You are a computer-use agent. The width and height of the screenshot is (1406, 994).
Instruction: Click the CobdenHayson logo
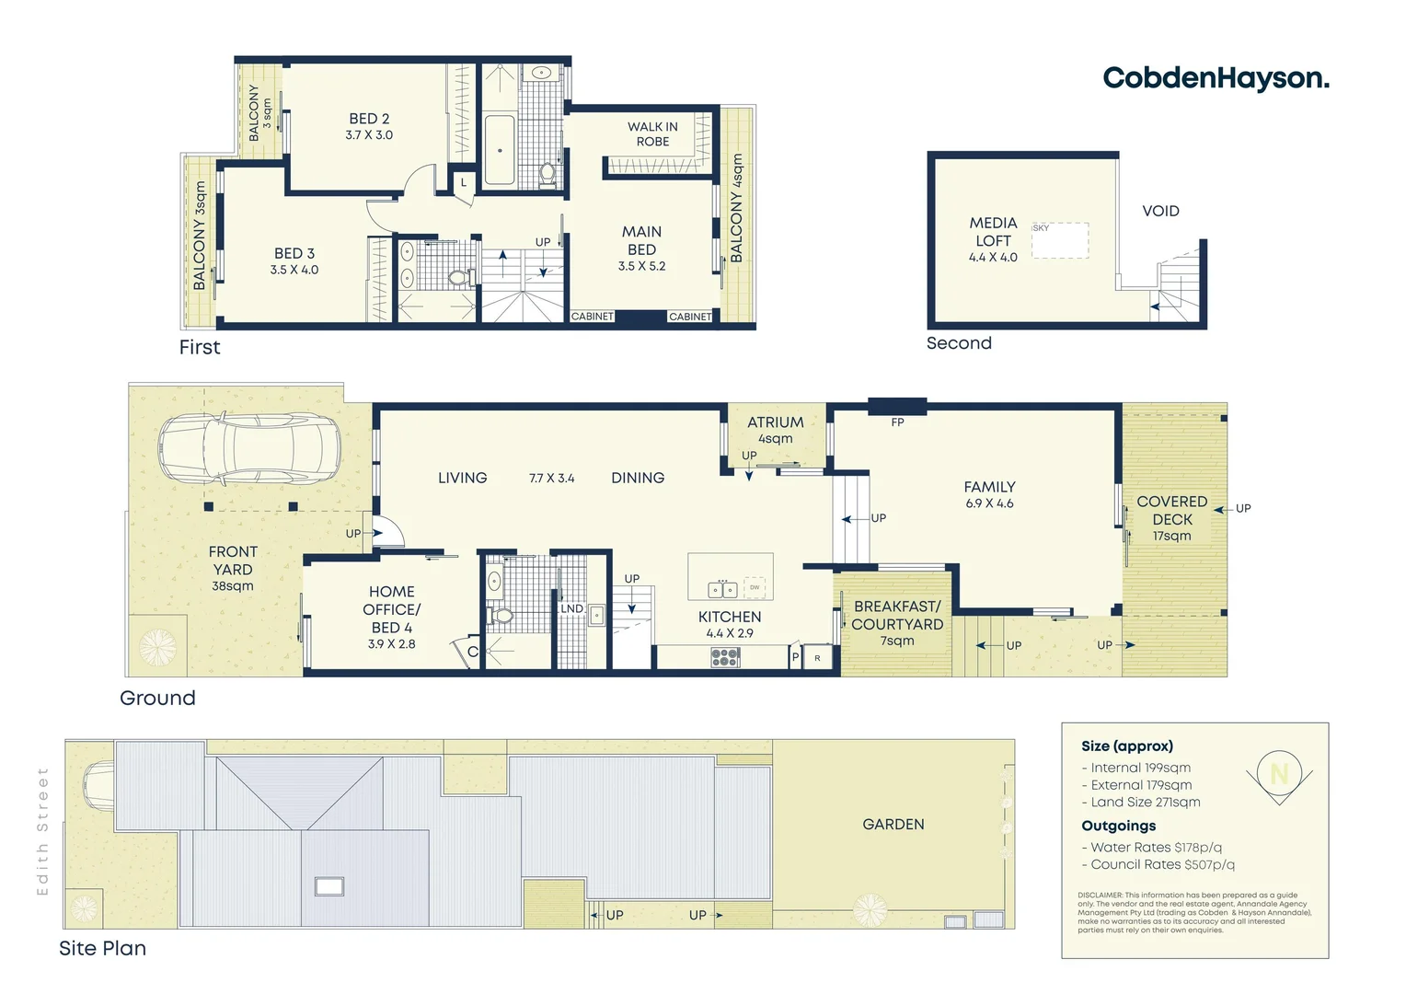pyautogui.click(x=1216, y=78)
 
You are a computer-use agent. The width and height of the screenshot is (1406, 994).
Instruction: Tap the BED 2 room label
pyautogui.click(x=369, y=126)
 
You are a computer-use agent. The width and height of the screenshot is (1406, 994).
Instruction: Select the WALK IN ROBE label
pyautogui.click(x=652, y=134)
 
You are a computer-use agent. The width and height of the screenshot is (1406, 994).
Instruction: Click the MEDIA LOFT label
pyautogui.click(x=993, y=239)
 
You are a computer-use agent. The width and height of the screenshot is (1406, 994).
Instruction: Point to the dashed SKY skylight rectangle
pyautogui.click(x=1060, y=240)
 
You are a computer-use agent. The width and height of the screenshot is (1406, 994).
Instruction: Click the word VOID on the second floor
pyautogui.click(x=1160, y=211)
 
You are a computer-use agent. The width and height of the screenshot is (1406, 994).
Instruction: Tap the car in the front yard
pyautogui.click(x=249, y=448)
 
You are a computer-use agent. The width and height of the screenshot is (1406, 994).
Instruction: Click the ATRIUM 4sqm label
pyautogui.click(x=775, y=429)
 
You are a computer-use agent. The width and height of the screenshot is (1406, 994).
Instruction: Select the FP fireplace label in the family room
pyautogui.click(x=897, y=422)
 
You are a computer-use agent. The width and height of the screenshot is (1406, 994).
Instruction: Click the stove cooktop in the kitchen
pyautogui.click(x=725, y=657)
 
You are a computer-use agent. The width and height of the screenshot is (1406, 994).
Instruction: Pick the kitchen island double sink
pyautogui.click(x=722, y=589)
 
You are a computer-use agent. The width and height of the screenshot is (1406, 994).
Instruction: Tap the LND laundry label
pyautogui.click(x=571, y=608)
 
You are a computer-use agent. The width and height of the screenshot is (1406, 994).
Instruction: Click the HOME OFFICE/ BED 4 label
pyautogui.click(x=392, y=617)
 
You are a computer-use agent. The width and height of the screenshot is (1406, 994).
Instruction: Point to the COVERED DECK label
pyautogui.click(x=1171, y=517)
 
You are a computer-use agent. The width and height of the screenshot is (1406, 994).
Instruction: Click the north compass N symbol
pyautogui.click(x=1279, y=773)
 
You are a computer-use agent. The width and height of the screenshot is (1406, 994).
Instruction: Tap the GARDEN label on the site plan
pyautogui.click(x=893, y=824)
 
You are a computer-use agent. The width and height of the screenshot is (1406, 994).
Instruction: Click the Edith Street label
pyautogui.click(x=42, y=831)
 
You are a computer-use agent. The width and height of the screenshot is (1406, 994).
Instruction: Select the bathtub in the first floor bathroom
pyautogui.click(x=500, y=150)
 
